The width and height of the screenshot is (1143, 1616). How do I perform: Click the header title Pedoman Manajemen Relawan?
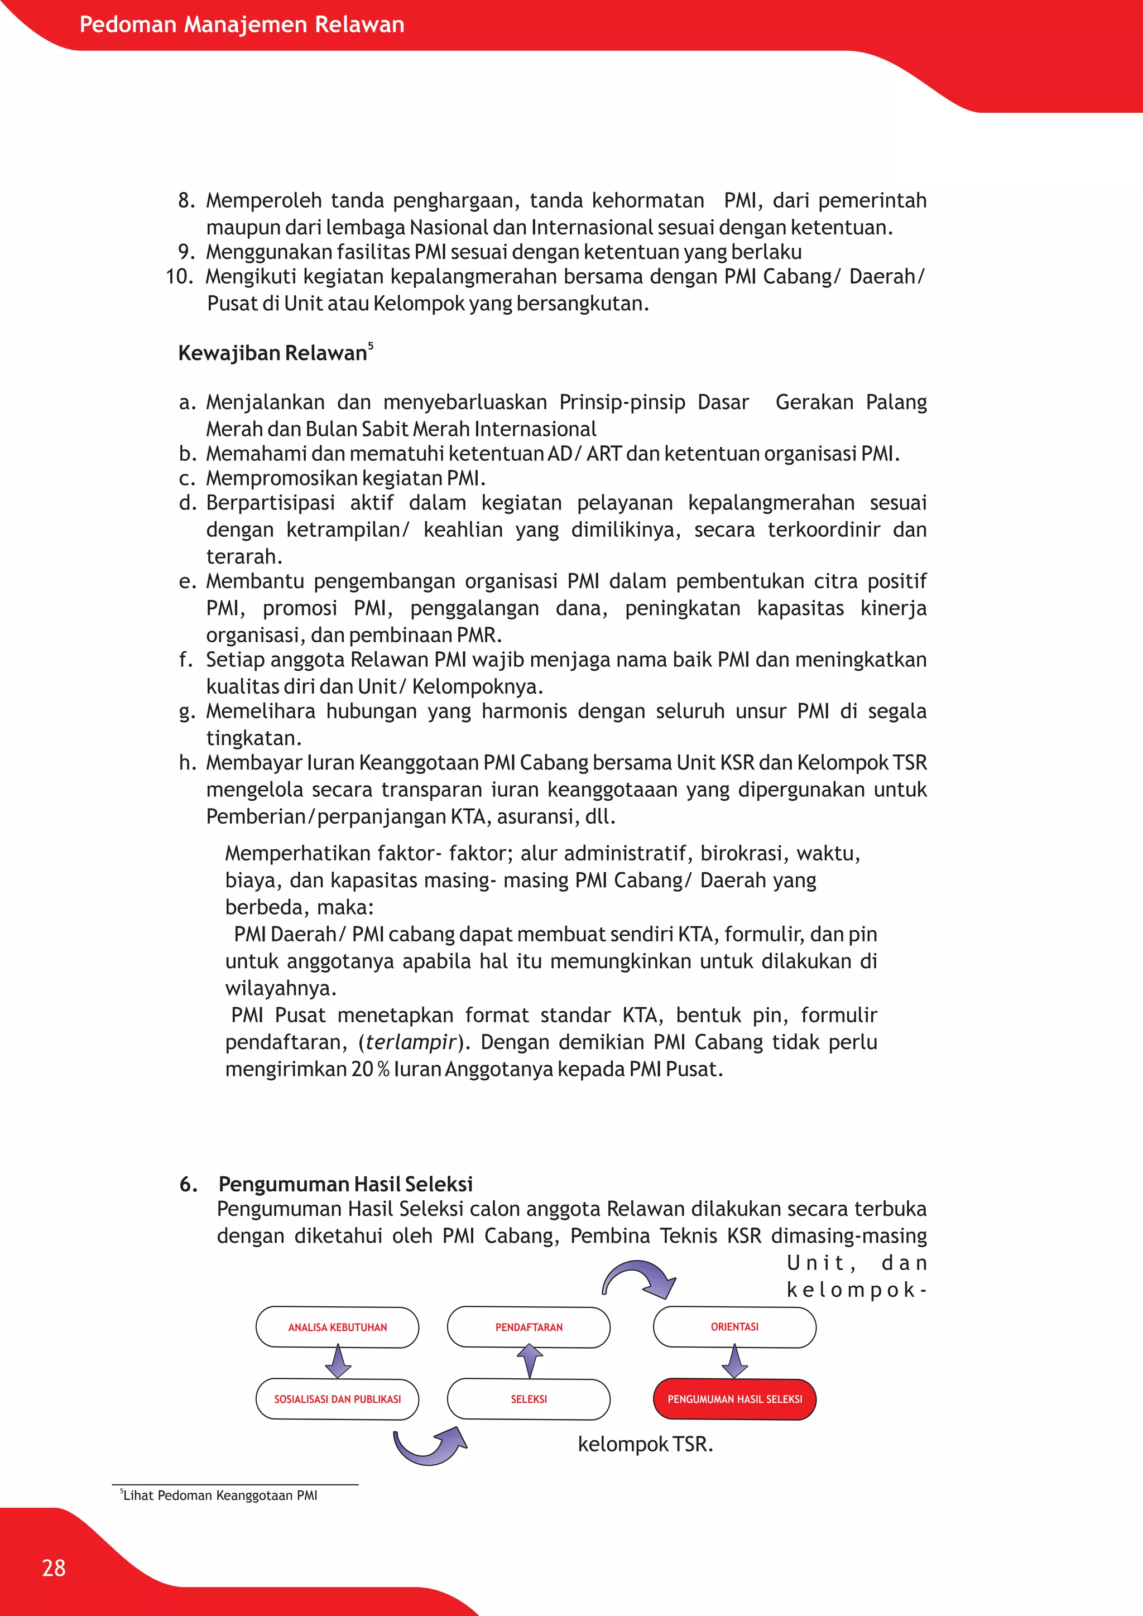point(242,25)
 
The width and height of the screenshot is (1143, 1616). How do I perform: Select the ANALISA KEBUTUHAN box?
point(337,1327)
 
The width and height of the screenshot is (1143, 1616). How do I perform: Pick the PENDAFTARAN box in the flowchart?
point(529,1327)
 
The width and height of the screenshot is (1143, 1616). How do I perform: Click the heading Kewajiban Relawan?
point(272,353)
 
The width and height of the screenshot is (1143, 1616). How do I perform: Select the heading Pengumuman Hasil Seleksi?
point(345,1184)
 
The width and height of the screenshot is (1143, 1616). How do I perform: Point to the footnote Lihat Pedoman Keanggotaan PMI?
point(219,1495)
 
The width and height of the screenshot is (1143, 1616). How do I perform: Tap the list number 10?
point(179,277)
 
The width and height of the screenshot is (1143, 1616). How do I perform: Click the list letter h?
point(186,762)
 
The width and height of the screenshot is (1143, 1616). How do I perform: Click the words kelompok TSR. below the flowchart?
point(645,1444)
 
